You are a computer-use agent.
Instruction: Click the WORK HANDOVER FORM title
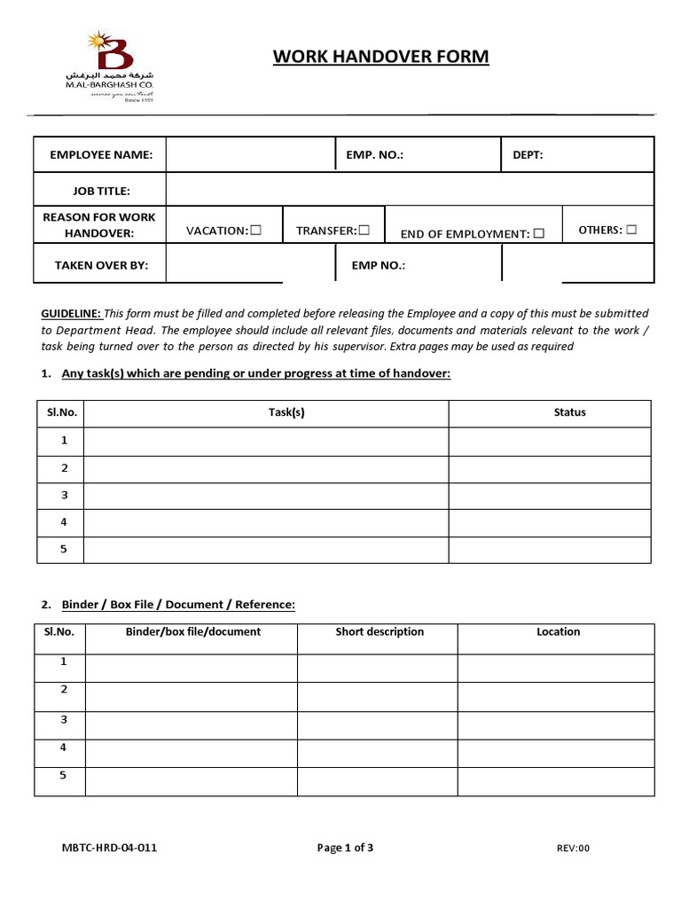[x=380, y=58]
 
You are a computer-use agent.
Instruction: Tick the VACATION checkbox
[x=255, y=230]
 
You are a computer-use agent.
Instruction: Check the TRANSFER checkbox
[x=364, y=230]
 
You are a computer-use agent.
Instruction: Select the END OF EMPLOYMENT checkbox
[x=538, y=234]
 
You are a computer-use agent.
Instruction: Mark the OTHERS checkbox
[x=630, y=229]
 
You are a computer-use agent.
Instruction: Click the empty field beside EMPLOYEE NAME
[x=250, y=154]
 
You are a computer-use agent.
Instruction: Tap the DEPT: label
[x=528, y=154]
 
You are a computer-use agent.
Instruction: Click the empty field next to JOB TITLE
[x=409, y=190]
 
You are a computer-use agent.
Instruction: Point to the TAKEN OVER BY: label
[x=101, y=264]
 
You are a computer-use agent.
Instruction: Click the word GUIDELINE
[x=72, y=314]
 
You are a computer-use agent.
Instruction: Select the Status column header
[x=569, y=412]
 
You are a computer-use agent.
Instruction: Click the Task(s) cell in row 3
[x=266, y=496]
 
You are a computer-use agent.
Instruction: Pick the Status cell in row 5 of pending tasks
[x=549, y=549]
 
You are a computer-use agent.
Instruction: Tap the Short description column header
[x=379, y=632]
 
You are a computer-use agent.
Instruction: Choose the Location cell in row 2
[x=555, y=695]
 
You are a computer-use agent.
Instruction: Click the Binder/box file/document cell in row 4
[x=192, y=753]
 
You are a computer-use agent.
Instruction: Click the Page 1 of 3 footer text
[x=345, y=848]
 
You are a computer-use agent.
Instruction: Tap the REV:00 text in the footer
[x=573, y=849]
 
